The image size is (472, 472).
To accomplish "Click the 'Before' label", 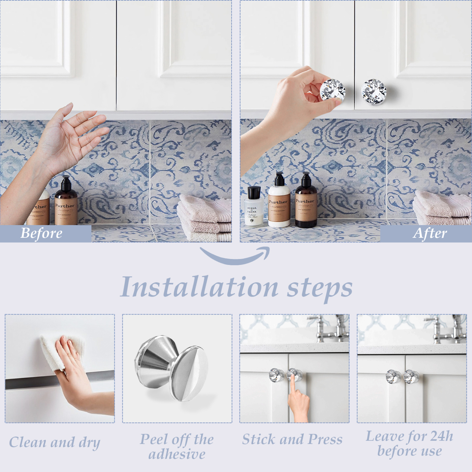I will [41, 233].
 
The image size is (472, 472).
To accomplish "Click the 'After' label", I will [430, 233].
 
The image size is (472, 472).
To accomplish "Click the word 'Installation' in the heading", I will [199, 287].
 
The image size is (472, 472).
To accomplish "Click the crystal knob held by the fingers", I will [333, 90].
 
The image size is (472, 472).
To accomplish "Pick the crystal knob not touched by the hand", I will [374, 91].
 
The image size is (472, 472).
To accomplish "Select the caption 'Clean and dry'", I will [55, 442].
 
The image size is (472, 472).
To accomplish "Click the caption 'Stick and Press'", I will [292, 439].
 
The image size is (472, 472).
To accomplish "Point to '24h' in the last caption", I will [441, 436].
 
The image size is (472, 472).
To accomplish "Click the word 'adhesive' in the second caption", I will [177, 454].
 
